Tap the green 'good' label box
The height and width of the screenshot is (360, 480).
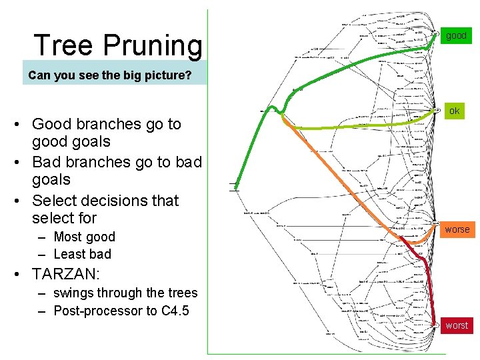point(456,35)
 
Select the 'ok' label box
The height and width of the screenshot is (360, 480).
point(454,111)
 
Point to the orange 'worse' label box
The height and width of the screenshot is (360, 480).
point(457,229)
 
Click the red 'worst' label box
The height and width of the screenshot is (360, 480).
point(457,325)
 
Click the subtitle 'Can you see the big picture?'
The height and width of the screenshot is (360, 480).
point(109,75)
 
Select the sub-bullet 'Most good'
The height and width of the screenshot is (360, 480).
point(84,237)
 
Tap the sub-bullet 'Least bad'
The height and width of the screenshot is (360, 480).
point(82,254)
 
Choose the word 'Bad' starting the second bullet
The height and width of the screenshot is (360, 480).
point(46,162)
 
